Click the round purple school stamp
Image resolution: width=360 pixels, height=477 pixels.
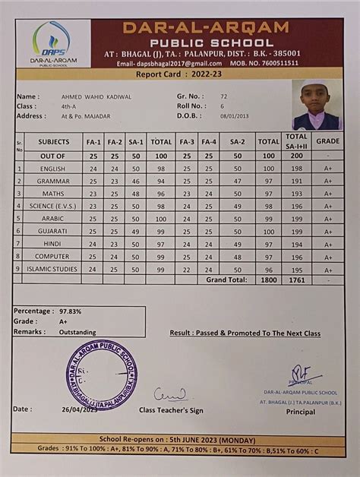coord(101,374)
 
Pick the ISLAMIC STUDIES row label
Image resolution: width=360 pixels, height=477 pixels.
coord(52,269)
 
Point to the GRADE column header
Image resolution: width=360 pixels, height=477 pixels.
coord(328,141)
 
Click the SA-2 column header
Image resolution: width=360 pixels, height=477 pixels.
coord(237,141)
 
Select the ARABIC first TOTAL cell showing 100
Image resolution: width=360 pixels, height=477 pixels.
coord(161,218)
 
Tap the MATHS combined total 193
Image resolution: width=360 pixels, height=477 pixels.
coord(296,193)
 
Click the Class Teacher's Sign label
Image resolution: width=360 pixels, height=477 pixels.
coord(171,410)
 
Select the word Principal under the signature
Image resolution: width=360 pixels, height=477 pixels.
coord(301,412)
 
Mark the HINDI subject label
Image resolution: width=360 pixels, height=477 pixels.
coord(52,243)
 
